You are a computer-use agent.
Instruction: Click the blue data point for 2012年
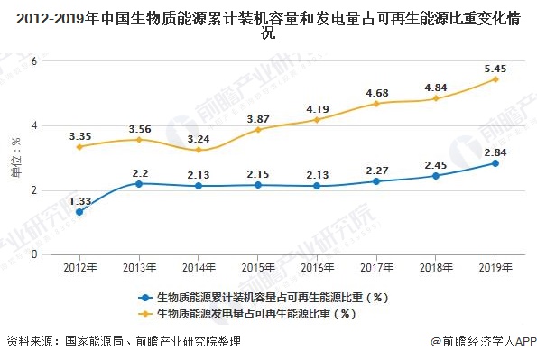pos(79,212)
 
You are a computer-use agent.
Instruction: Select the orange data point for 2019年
pos(495,79)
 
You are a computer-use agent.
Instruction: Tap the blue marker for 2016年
pos(317,186)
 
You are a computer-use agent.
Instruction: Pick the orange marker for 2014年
pos(199,150)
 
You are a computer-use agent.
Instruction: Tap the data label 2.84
pos(495,149)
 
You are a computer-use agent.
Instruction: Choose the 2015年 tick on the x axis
pos(258,267)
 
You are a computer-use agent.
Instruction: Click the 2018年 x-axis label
pos(436,267)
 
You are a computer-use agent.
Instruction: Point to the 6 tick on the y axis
pos(34,60)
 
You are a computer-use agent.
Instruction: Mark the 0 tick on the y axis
pos(34,254)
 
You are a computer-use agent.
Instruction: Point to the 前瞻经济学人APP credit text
pos(482,342)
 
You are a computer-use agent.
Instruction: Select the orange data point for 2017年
pos(376,104)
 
